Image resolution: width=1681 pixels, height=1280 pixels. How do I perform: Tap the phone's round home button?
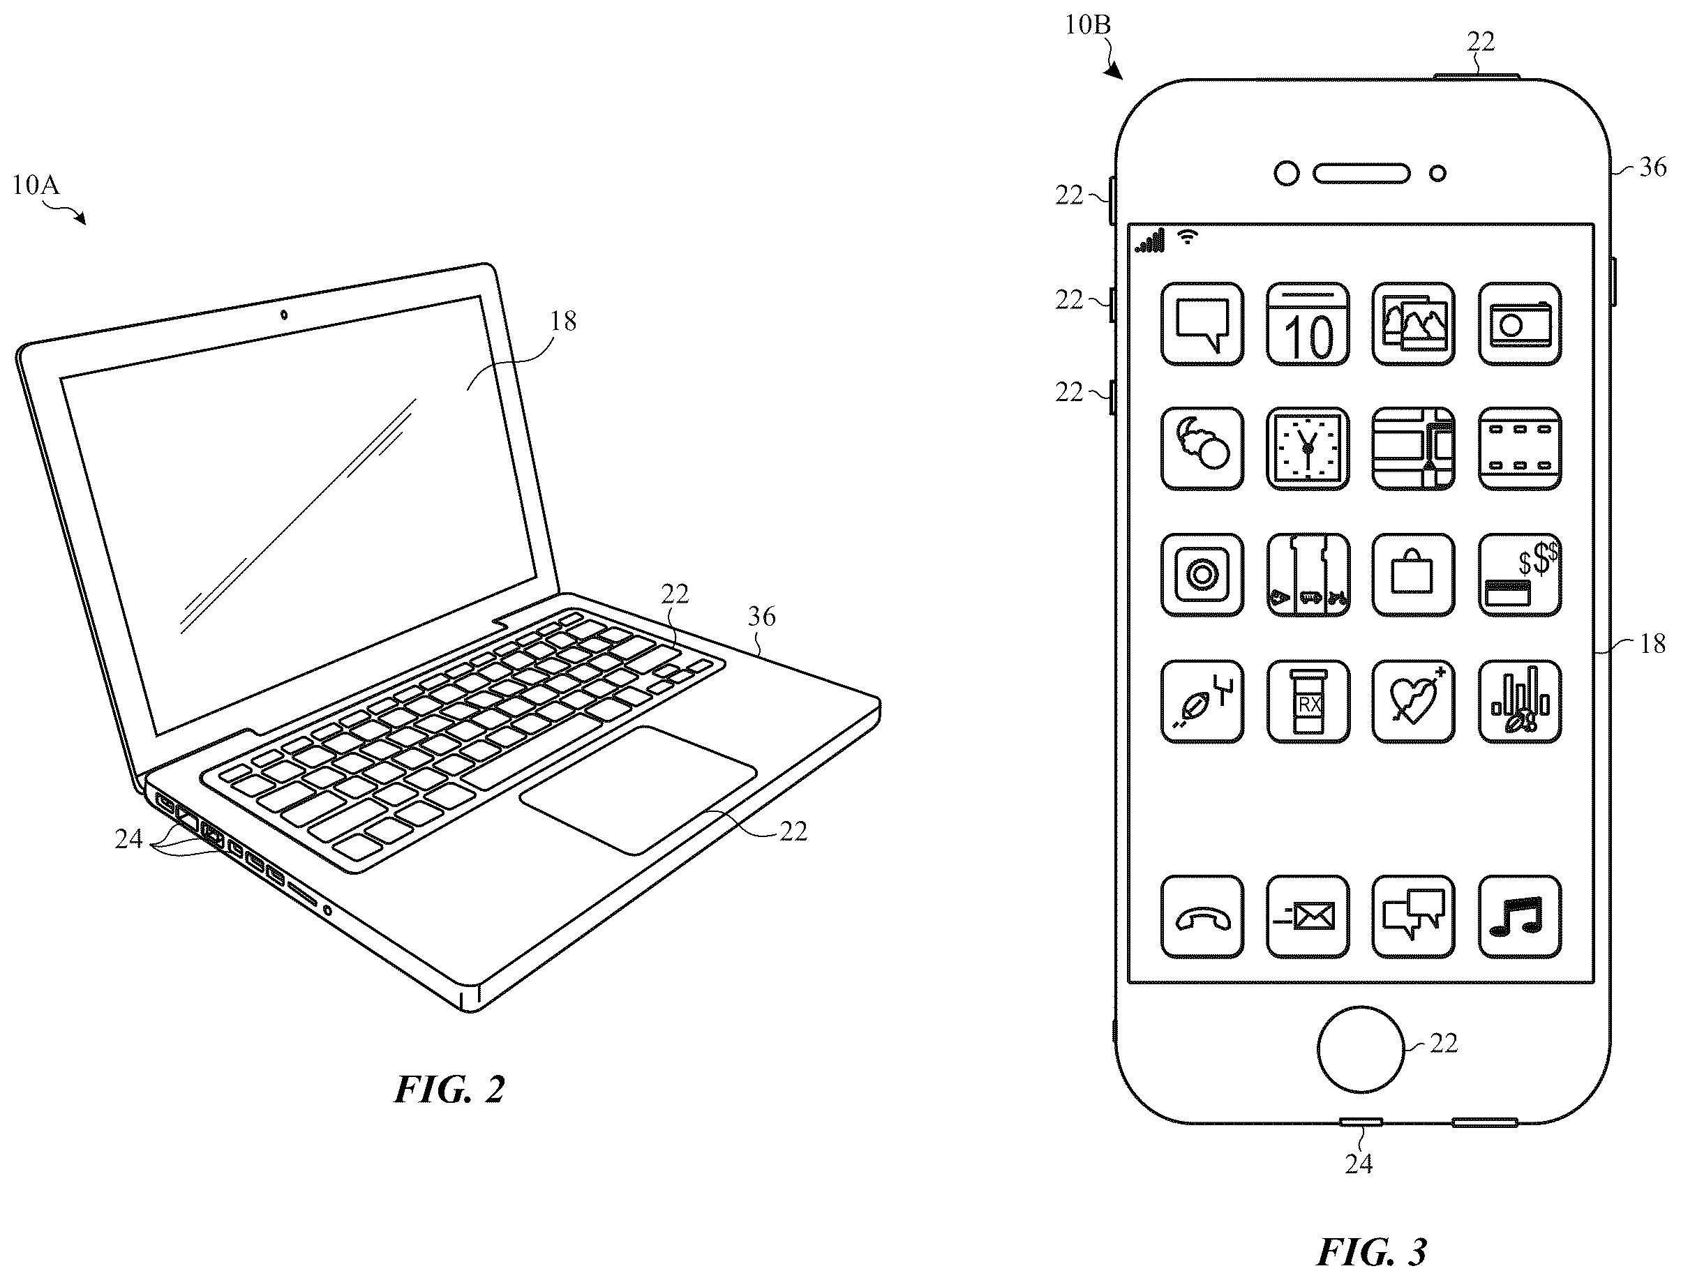click(1360, 1049)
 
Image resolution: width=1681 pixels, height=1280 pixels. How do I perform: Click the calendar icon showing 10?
click(1308, 324)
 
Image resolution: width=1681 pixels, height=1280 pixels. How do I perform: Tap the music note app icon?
click(1519, 917)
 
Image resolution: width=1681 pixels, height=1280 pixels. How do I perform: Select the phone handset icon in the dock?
click(1202, 917)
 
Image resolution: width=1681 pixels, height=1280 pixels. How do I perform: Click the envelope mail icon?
click(1308, 917)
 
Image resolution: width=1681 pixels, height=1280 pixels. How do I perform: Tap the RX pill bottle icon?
click(1308, 702)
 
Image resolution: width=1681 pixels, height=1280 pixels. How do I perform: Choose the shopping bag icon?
click(1414, 575)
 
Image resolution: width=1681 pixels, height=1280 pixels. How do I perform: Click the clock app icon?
click(1308, 449)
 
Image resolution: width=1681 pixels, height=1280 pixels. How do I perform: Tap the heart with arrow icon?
click(1414, 702)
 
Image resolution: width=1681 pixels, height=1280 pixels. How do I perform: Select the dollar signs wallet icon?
click(1519, 575)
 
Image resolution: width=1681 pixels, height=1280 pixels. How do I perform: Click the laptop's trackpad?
click(638, 790)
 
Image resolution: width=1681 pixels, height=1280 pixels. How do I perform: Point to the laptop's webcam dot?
click(284, 315)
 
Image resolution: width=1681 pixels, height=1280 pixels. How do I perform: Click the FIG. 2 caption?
click(449, 1090)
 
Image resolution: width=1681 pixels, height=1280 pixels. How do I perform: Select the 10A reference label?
click(36, 185)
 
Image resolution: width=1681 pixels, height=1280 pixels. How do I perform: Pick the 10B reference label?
click(1087, 25)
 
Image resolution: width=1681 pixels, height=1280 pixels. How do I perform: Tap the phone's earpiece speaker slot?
click(1361, 174)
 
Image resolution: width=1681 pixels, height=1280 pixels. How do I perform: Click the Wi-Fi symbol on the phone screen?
click(1188, 236)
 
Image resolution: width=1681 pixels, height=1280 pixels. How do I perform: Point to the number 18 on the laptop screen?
click(563, 321)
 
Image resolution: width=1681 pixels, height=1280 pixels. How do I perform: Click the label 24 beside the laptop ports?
click(129, 839)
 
